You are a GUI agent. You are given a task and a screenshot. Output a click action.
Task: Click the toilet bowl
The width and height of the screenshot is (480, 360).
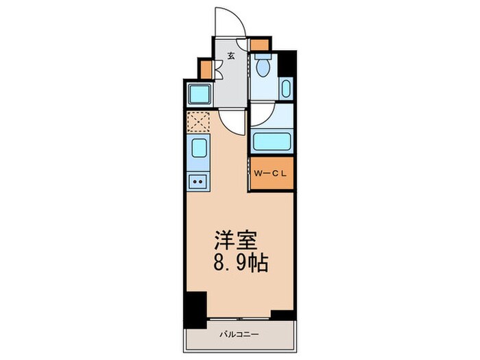coord(262,66)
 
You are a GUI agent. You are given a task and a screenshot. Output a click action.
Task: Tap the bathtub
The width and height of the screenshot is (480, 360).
coord(273,142)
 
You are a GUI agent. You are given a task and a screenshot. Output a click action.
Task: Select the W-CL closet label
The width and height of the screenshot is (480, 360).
coord(271,174)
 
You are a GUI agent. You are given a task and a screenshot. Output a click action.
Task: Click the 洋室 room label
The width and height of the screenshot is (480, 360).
coord(235,241)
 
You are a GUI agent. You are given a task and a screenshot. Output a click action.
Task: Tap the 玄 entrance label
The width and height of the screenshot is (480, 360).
coord(232,56)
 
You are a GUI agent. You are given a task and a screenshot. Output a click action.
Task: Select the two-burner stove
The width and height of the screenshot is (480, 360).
coord(197,182)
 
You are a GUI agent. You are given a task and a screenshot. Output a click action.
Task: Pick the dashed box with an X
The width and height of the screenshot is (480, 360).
coord(197,121)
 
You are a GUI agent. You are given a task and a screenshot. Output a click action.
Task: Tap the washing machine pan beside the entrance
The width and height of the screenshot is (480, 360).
coord(200,93)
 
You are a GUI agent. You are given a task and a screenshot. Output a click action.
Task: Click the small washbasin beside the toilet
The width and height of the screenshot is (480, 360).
coord(286,89)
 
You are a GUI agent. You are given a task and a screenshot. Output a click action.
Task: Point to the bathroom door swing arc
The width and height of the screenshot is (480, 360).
coord(264,115)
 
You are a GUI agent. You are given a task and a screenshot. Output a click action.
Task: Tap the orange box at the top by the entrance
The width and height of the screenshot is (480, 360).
coord(259,45)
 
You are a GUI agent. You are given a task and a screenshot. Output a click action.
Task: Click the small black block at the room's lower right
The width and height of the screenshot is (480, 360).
coord(282,315)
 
